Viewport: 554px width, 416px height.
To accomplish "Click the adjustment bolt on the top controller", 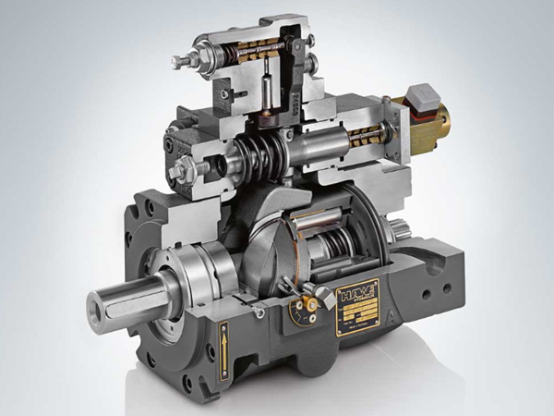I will pos(182,62).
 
